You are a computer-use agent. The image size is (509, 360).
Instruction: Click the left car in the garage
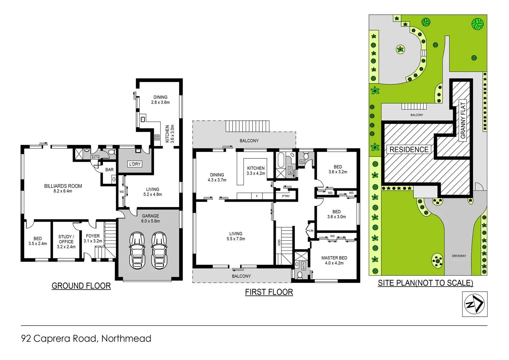click(x=137, y=250)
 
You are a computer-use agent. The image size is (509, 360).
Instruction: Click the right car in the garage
click(x=159, y=250)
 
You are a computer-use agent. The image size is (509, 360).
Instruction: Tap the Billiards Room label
click(x=63, y=186)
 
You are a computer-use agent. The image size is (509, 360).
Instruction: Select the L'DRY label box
click(x=135, y=164)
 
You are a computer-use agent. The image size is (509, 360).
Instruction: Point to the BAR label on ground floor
click(x=109, y=170)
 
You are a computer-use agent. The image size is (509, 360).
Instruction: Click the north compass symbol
click(x=474, y=304)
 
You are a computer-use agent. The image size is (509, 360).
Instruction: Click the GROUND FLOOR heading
click(x=81, y=286)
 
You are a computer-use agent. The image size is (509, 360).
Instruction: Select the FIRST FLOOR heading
click(x=269, y=292)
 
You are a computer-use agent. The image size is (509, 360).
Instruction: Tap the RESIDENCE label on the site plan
click(x=409, y=150)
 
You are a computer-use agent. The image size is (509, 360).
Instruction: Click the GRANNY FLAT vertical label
click(x=463, y=120)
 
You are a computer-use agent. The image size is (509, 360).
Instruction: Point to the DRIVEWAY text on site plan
click(x=459, y=256)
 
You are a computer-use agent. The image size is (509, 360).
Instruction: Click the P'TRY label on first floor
click(x=285, y=196)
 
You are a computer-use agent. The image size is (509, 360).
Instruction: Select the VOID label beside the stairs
click(x=279, y=243)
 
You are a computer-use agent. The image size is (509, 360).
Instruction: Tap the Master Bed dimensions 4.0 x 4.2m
click(x=334, y=263)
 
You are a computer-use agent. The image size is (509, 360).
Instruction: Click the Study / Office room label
click(x=66, y=239)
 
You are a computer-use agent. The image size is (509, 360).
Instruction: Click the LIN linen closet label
click(x=311, y=231)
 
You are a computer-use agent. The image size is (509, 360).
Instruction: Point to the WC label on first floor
click(x=302, y=162)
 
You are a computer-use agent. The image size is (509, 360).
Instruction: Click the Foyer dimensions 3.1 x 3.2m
click(x=93, y=241)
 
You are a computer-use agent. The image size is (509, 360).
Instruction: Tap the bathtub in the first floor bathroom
click(x=281, y=160)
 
